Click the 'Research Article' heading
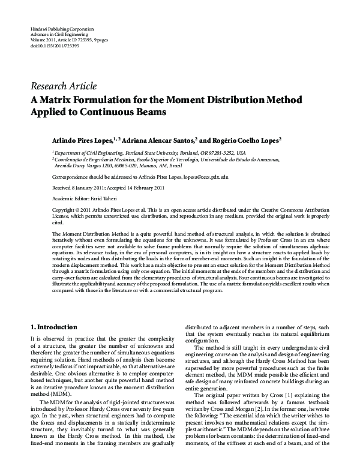(x=63, y=86)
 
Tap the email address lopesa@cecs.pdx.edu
(x=206, y=178)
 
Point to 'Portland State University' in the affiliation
(x=158, y=154)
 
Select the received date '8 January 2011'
(x=89, y=188)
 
